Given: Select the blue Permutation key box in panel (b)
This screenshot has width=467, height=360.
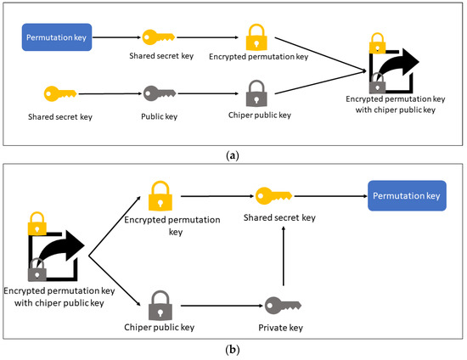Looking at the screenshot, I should click(406, 195).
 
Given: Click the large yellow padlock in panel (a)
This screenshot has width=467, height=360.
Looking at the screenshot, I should click(256, 37).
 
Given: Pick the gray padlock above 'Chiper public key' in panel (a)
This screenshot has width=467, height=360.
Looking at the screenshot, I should click(256, 92).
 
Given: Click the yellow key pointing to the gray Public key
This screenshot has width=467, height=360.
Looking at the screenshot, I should click(59, 92).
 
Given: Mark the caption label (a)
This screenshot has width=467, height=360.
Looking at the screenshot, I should click(233, 155).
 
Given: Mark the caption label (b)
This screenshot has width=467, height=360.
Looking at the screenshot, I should click(233, 348).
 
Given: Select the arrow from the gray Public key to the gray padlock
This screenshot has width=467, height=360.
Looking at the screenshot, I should click(208, 92).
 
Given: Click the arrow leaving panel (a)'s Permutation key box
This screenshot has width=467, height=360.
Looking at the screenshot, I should click(117, 37).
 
